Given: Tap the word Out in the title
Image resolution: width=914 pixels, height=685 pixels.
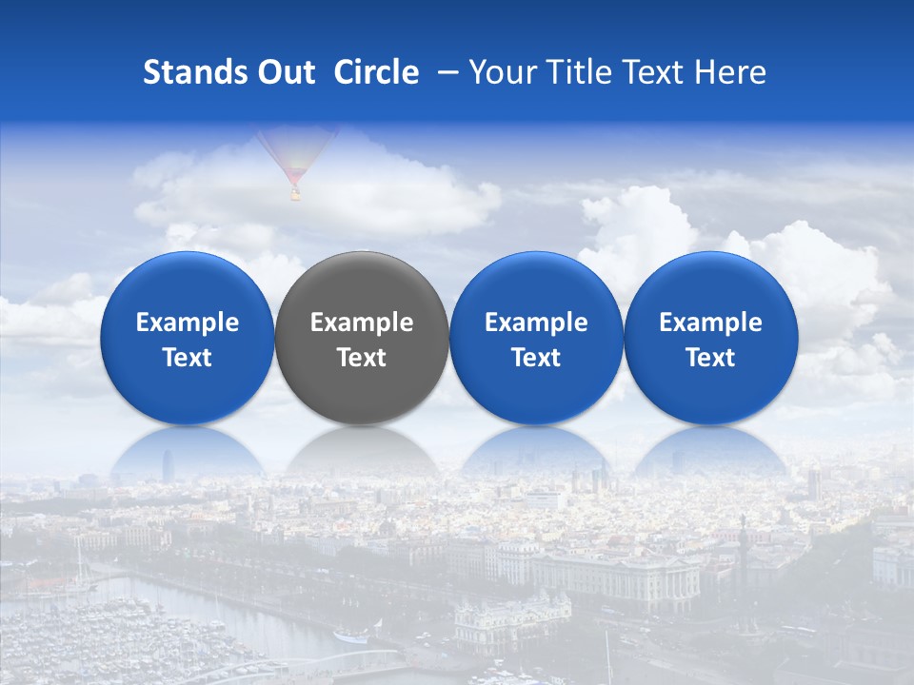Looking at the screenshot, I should tap(284, 72).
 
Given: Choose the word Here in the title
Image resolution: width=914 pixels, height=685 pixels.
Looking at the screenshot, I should tap(730, 72).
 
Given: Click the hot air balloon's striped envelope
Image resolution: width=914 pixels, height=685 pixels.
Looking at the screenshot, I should tap(294, 152).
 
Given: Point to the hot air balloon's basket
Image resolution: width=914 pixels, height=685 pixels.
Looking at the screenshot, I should tap(295, 195).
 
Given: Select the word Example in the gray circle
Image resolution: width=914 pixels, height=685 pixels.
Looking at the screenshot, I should tap(362, 323).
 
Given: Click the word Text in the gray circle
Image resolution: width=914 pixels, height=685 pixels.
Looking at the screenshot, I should tap(362, 358).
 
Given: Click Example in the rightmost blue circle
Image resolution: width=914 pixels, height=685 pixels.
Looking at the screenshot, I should tap(710, 323).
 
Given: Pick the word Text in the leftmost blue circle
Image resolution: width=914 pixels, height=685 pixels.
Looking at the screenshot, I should tap(188, 358).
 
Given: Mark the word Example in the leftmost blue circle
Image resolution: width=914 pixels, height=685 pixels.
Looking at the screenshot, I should tap(188, 323).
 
